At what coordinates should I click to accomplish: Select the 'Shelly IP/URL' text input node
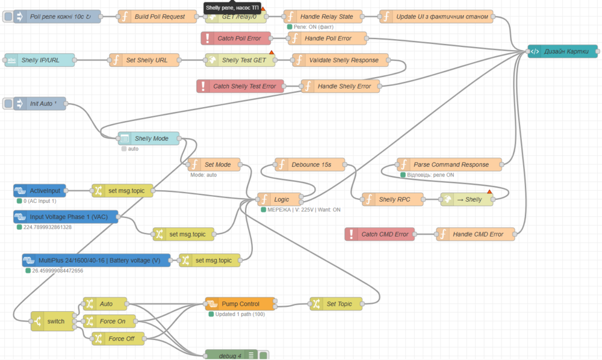[x=40, y=60]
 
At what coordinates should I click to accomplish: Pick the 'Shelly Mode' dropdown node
[x=151, y=138]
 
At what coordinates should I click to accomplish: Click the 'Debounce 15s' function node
[x=311, y=164]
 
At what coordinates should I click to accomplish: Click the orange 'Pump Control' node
[x=240, y=304]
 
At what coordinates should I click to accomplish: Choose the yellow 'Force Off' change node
[x=120, y=338]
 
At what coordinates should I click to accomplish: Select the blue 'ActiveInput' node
[x=41, y=191]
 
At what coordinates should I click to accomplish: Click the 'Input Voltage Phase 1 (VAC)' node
[x=66, y=217]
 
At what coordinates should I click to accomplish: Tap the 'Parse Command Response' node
[x=450, y=164]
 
